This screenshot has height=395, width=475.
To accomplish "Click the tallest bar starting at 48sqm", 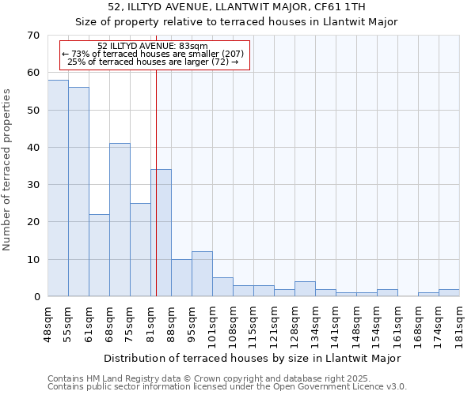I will click(x=58, y=188).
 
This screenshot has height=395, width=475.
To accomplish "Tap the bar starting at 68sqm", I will click(x=120, y=220).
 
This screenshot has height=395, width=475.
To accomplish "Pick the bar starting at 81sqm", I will click(x=161, y=233).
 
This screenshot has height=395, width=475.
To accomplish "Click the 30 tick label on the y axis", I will click(x=32, y=185).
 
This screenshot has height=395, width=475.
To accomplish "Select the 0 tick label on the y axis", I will click(x=36, y=297).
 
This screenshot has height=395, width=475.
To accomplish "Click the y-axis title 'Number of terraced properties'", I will click(x=8, y=169).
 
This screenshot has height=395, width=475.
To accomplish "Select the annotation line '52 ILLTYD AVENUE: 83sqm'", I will click(x=153, y=46).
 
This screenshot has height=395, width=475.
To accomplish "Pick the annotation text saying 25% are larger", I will click(x=153, y=62).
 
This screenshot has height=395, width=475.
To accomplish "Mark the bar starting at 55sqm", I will click(x=78, y=192).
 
